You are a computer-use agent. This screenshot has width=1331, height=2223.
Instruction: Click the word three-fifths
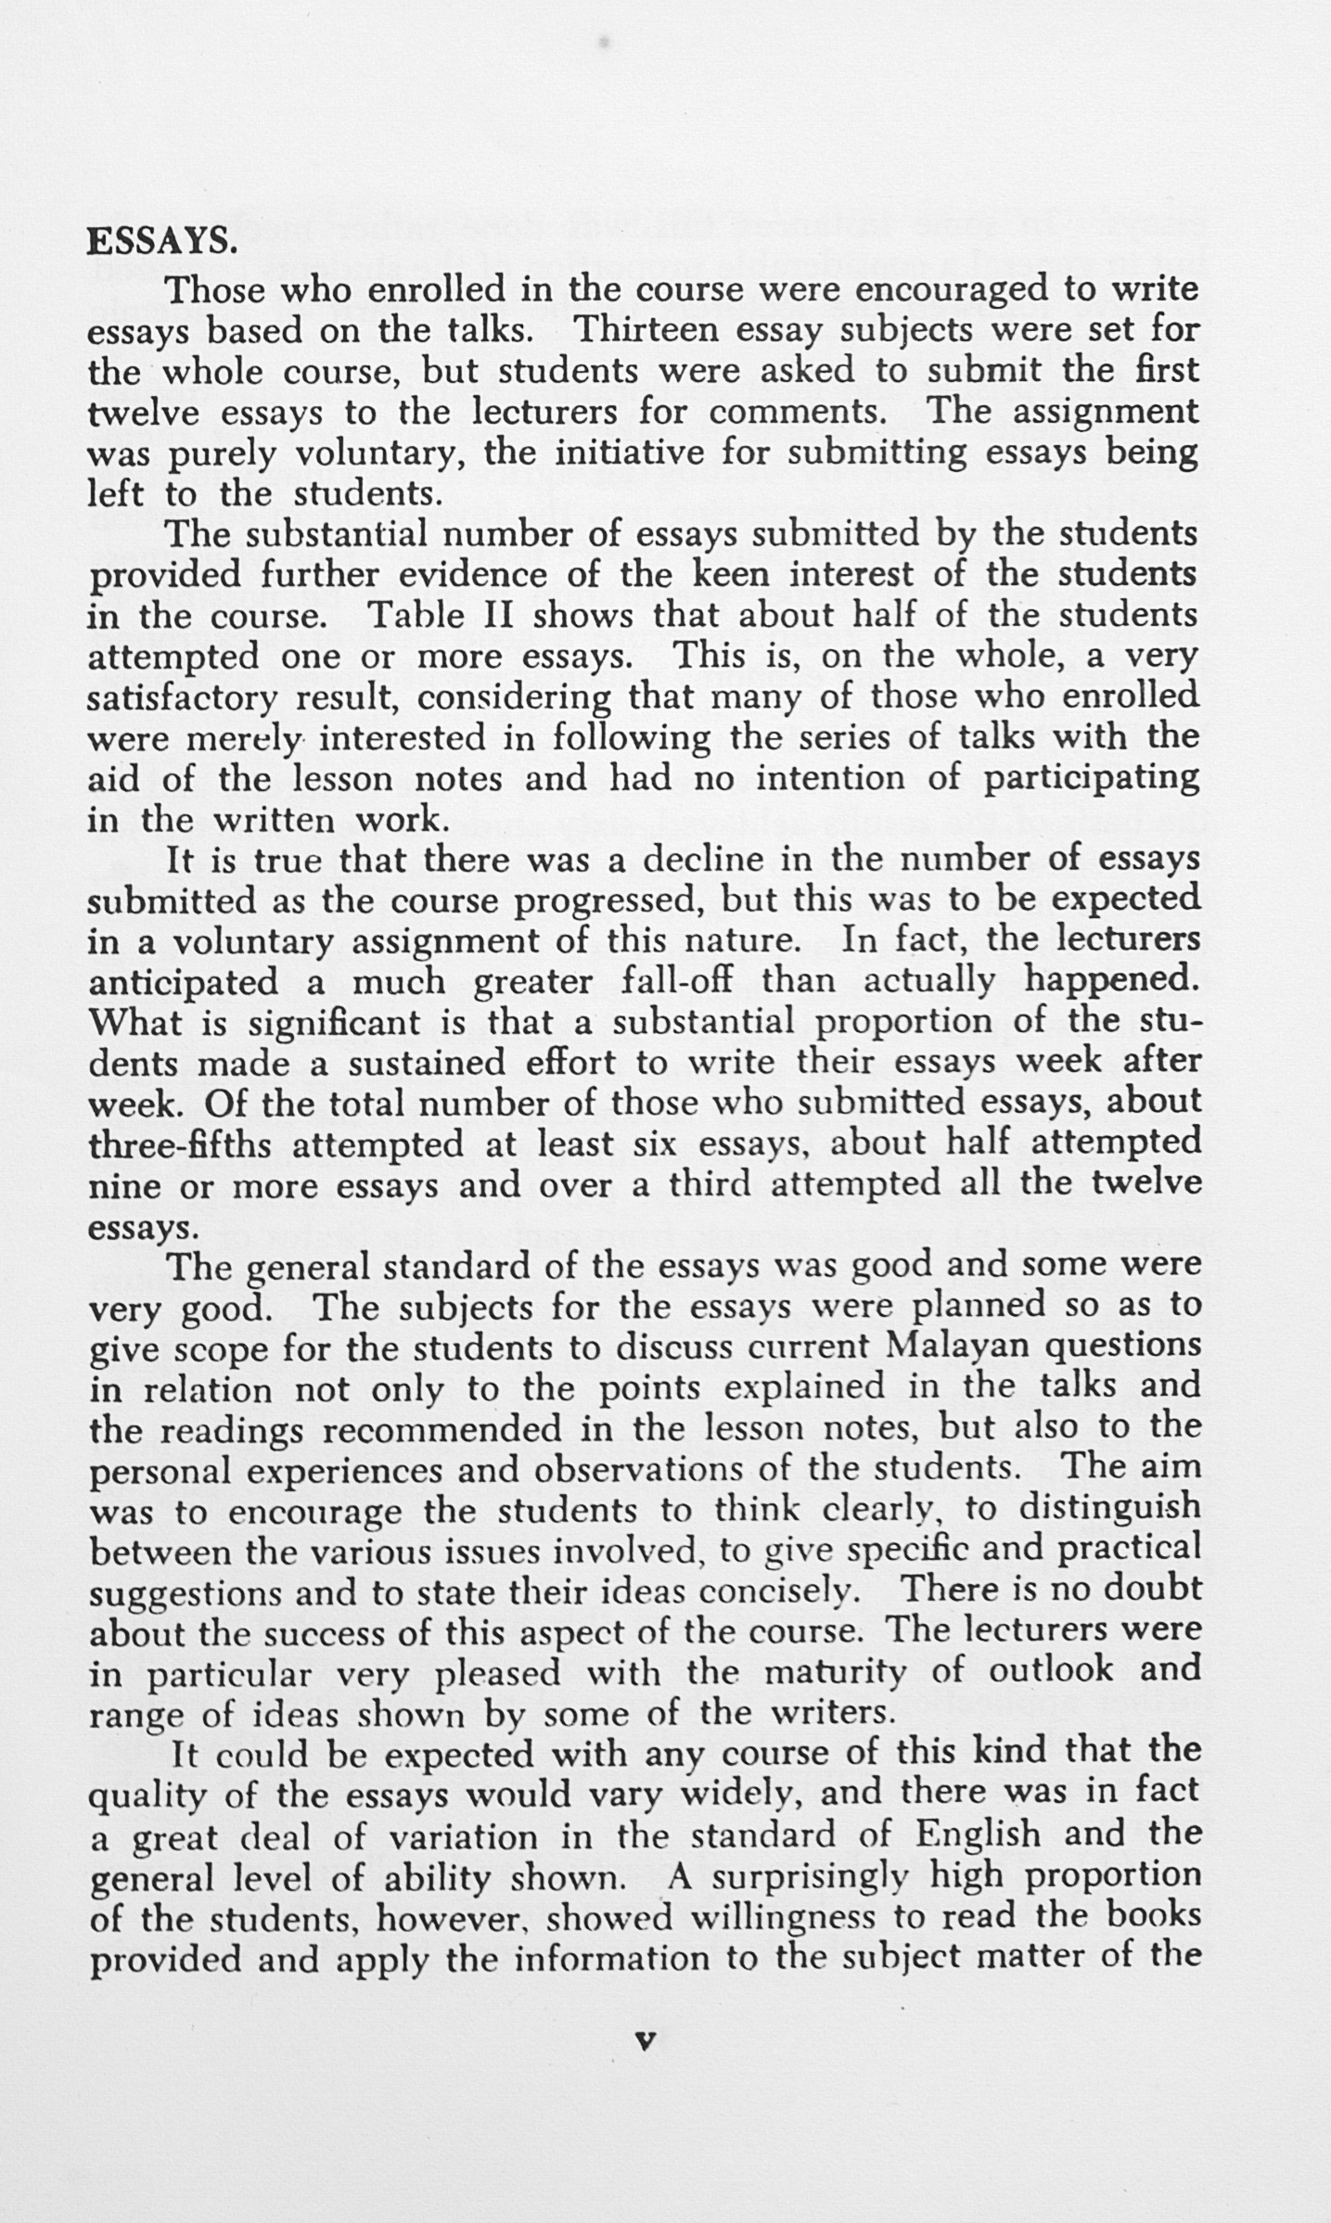pyautogui.click(x=180, y=1144)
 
